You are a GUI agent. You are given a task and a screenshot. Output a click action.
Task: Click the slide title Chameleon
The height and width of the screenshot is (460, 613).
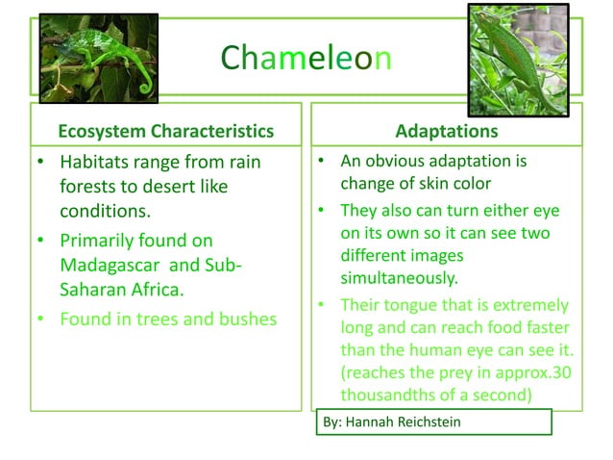306,60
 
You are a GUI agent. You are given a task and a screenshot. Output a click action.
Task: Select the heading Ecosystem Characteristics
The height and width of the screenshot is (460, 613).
166,131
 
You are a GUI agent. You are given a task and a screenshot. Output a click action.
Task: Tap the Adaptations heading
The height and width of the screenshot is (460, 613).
447,131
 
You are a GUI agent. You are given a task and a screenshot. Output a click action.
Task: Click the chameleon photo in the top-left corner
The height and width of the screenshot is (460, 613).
98,60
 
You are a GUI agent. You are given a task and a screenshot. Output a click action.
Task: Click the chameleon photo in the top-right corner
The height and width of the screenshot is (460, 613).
526,60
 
